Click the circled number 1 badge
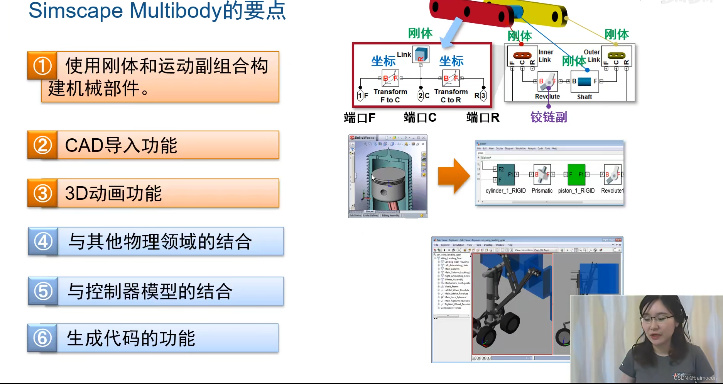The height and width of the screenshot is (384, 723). click(x=42, y=66)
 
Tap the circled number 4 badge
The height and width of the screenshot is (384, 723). click(x=43, y=242)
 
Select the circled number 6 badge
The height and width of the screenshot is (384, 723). click(x=42, y=338)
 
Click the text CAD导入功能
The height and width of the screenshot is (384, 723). click(x=121, y=146)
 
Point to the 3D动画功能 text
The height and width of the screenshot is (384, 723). click(x=113, y=194)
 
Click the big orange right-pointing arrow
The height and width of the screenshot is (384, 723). click(x=454, y=176)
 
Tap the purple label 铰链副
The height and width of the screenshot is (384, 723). click(x=549, y=117)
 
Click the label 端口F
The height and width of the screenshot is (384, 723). click(x=360, y=117)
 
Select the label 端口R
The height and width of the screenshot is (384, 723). click(x=483, y=117)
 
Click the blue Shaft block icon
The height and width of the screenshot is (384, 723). click(x=584, y=82)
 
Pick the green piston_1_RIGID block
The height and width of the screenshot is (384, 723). click(x=577, y=174)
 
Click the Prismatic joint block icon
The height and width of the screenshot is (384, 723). click(x=542, y=175)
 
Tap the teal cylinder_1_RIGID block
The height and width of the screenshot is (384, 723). click(x=505, y=175)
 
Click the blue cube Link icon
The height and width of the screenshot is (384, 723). click(x=421, y=54)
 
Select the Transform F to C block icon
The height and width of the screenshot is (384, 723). click(x=390, y=78)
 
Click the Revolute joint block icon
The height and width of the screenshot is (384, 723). click(x=547, y=81)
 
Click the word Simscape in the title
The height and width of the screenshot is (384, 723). click(x=76, y=10)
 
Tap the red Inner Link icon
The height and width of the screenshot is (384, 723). click(x=522, y=55)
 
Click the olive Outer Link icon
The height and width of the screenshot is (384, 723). click(x=616, y=55)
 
